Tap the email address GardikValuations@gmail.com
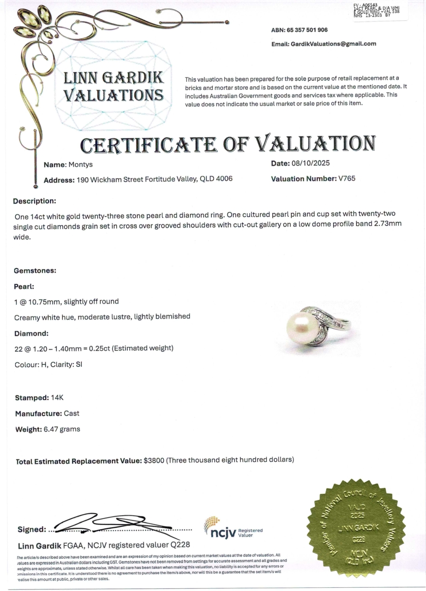[x=333, y=44]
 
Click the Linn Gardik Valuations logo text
[x=114, y=86]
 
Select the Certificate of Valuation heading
[x=228, y=144]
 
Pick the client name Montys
[x=81, y=165]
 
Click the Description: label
[x=35, y=201]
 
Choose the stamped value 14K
[x=59, y=398]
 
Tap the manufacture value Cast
[x=72, y=413]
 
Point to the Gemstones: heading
[x=35, y=271]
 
